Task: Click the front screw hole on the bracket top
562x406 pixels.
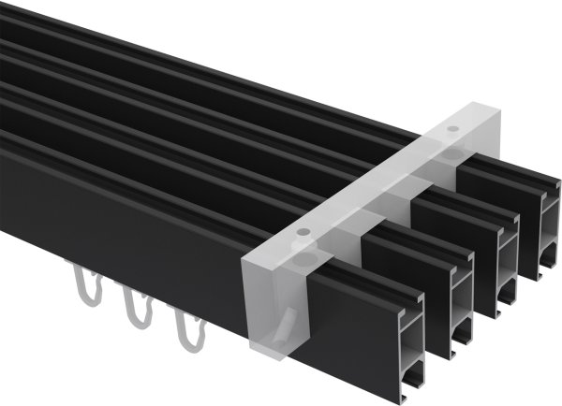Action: (303, 231)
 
